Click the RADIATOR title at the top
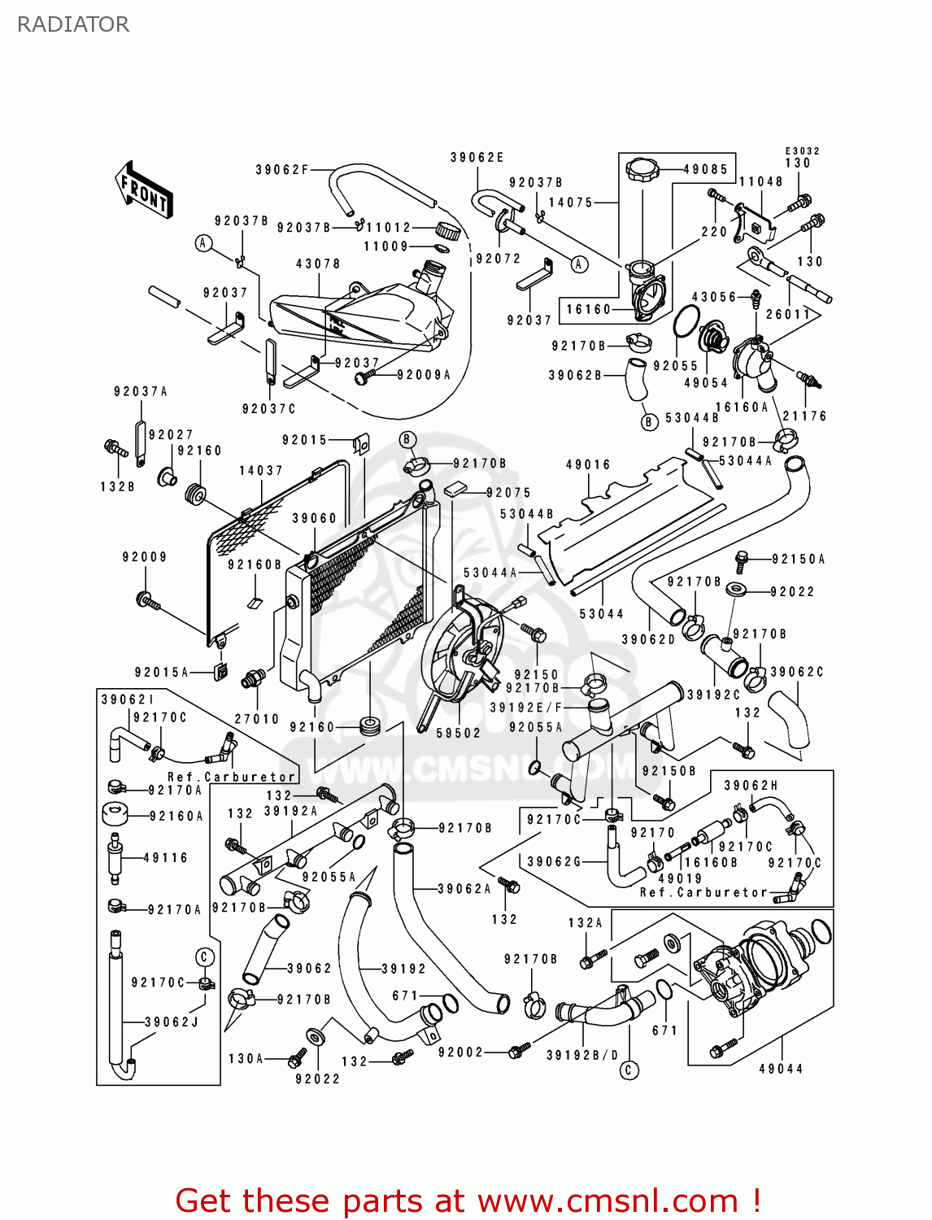pyautogui.click(x=73, y=24)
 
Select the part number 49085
pyautogui.click(x=705, y=169)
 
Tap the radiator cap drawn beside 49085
pyautogui.click(x=642, y=171)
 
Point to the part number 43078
pyautogui.click(x=318, y=264)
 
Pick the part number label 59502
pyautogui.click(x=458, y=733)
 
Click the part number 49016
pyautogui.click(x=588, y=464)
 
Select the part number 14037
pyautogui.click(x=261, y=470)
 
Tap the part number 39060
pyautogui.click(x=314, y=518)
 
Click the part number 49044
pyautogui.click(x=781, y=1069)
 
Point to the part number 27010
pyautogui.click(x=256, y=719)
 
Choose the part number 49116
pyautogui.click(x=165, y=857)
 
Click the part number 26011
pyautogui.click(x=788, y=314)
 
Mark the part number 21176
pyautogui.click(x=804, y=416)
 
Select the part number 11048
pyautogui.click(x=760, y=182)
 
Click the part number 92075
pyautogui.click(x=508, y=492)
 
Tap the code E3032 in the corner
pyautogui.click(x=802, y=150)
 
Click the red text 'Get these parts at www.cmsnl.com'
pyautogui.click(x=468, y=1200)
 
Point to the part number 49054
pyautogui.click(x=705, y=382)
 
